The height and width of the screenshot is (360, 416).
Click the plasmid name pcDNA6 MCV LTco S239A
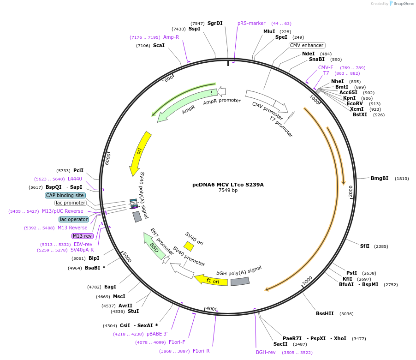click(x=228, y=185)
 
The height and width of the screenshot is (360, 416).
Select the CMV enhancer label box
click(x=307, y=45)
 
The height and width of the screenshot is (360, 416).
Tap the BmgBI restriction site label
click(x=380, y=178)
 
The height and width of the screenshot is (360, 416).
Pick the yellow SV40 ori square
click(x=189, y=246)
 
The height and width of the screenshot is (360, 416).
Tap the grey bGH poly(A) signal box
click(x=240, y=281)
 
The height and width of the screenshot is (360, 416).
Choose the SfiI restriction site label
click(x=365, y=246)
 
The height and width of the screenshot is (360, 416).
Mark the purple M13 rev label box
click(x=83, y=236)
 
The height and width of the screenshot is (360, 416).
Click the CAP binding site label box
click(x=65, y=195)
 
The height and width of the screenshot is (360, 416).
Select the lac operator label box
click(x=74, y=219)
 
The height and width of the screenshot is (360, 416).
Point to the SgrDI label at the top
click(x=215, y=23)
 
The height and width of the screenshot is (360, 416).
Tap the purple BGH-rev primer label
click(x=266, y=352)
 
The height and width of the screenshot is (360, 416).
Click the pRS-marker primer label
click(x=251, y=23)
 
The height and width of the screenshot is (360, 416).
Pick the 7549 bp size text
click(x=228, y=190)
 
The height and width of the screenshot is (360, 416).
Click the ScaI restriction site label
click(x=159, y=45)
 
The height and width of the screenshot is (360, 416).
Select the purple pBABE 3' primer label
click(x=157, y=334)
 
